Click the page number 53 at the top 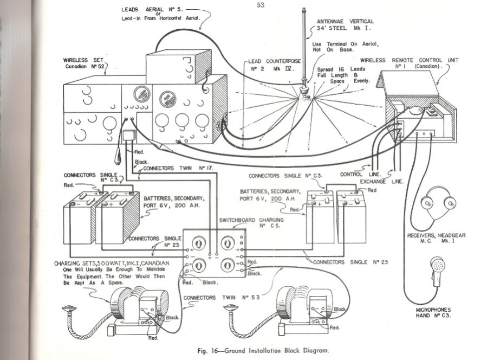pyautogui.click(x=261, y=5)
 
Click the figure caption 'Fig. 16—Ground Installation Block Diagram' pyautogui.click(x=263, y=351)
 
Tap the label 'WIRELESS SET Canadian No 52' pyautogui.click(x=83, y=63)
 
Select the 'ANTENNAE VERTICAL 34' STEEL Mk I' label pyautogui.click(x=345, y=24)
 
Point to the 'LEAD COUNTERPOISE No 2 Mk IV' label pyautogui.click(x=274, y=65)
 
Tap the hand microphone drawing pyautogui.click(x=437, y=271)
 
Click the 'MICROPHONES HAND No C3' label pyautogui.click(x=433, y=312)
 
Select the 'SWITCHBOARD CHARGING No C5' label pyautogui.click(x=251, y=223)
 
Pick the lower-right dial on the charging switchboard pyautogui.click(x=228, y=266)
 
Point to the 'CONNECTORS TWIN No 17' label pyautogui.click(x=178, y=168)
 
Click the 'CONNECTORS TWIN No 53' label pyautogui.click(x=222, y=298)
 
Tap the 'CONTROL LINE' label pyautogui.click(x=360, y=175)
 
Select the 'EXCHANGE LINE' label pyautogui.click(x=382, y=182)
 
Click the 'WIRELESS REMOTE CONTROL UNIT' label pyautogui.click(x=409, y=63)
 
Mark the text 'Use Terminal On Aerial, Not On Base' pyautogui.click(x=346, y=47)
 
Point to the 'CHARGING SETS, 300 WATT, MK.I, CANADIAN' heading pyautogui.click(x=112, y=263)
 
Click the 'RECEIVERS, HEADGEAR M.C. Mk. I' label pyautogui.click(x=436, y=238)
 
